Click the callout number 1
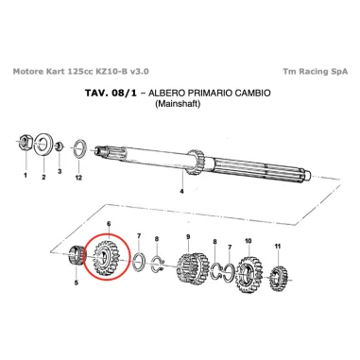25,176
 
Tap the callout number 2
43,176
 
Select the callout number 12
78,177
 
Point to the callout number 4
181,191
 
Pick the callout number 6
110,224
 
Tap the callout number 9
188,236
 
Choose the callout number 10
248,241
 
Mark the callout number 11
278,247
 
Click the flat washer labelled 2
43,146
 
